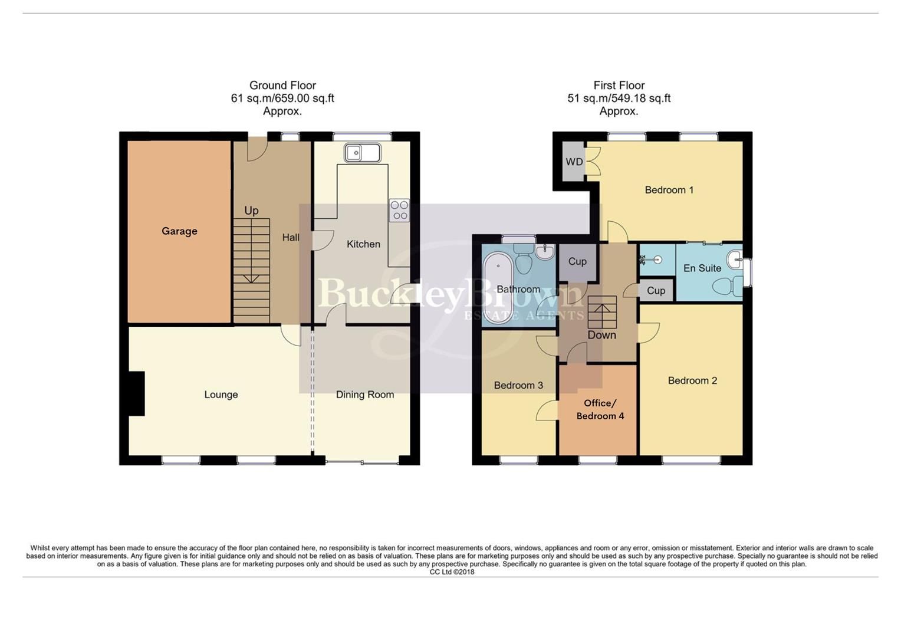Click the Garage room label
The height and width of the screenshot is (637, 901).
coord(179,231)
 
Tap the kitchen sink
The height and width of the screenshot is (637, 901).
coord(363,153)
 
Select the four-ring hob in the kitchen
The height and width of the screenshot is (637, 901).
coord(399,210)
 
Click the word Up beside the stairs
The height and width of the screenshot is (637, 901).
coord(251,211)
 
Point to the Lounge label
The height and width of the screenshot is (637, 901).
coord(221,395)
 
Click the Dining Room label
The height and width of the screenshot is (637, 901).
coord(364,395)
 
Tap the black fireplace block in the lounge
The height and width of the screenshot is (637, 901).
coord(136,393)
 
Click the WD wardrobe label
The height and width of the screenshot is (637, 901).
coord(574,162)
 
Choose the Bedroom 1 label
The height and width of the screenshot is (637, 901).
coord(669,190)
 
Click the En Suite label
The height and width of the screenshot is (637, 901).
coord(702,268)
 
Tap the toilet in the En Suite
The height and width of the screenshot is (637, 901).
coord(728,287)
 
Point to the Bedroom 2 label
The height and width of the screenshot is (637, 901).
coord(692,380)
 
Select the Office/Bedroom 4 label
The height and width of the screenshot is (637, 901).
coord(600,409)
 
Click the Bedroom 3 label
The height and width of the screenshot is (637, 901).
coord(518,385)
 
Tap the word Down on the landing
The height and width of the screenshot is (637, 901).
coord(601,335)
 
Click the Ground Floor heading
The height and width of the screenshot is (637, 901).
coord(282,86)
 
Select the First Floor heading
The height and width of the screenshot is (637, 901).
coord(619,86)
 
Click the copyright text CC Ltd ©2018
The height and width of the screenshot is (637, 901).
coord(452,572)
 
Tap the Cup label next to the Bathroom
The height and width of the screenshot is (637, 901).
coord(577,261)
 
